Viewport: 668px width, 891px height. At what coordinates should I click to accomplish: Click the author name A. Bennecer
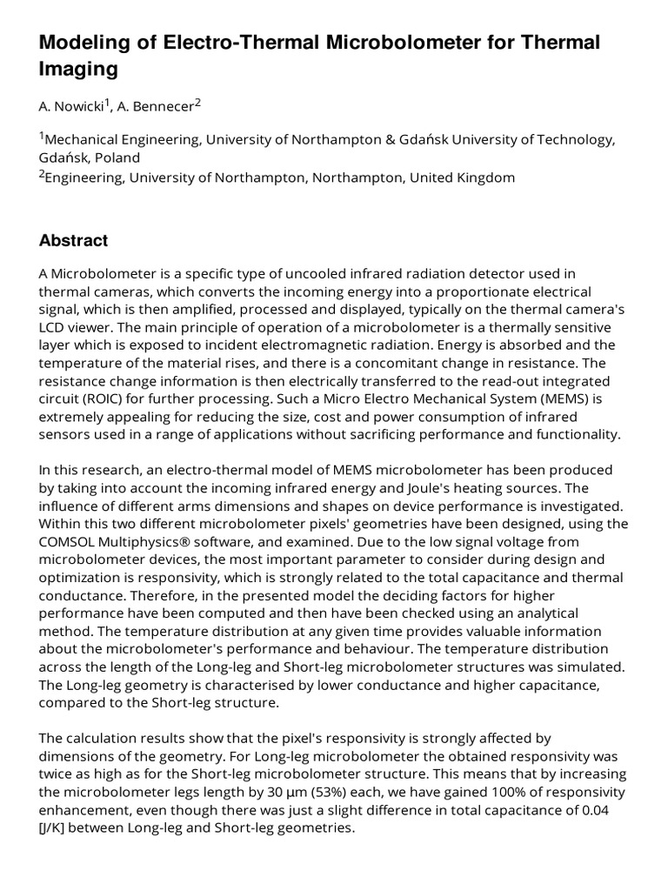coord(159,106)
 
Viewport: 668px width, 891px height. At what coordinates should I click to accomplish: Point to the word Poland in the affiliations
coord(116,157)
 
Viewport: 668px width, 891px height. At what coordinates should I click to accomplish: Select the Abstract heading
coord(73,241)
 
